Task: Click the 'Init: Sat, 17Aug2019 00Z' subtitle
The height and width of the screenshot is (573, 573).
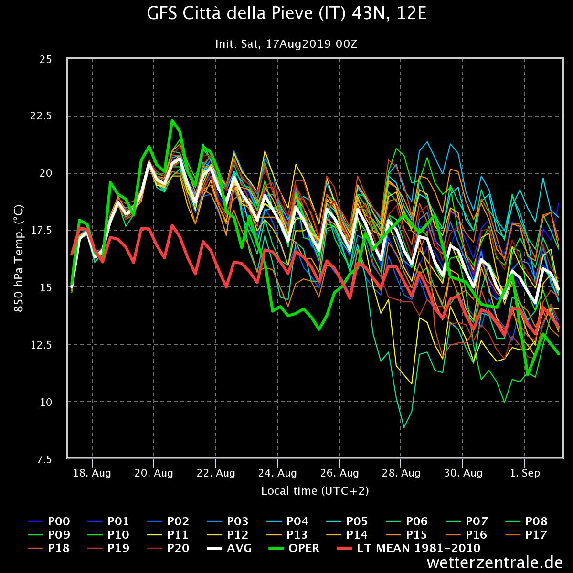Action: pos(286,44)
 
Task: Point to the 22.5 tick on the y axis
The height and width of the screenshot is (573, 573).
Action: pos(41,116)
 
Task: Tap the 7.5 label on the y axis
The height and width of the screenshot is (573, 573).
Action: pos(44,459)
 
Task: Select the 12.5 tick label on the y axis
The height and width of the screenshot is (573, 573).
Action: pos(41,345)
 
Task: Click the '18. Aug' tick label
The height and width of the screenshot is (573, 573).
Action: pos(92,473)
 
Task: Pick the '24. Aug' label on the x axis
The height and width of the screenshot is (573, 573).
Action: pos(277,473)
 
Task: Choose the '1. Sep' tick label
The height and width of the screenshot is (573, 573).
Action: pos(525,473)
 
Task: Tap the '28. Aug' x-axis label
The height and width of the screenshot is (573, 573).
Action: pos(401,473)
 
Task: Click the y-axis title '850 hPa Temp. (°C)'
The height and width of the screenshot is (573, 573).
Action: pos(19,258)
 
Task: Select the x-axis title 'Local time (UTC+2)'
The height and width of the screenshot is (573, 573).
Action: pos(315,491)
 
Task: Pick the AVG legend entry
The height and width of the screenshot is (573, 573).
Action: pos(229,548)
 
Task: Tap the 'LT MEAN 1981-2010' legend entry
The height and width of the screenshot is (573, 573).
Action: pos(409,548)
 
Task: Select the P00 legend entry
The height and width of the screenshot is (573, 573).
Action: pos(49,521)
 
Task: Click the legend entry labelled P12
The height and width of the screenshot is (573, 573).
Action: pos(227,535)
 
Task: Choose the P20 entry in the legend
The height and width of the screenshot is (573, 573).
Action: pos(168,548)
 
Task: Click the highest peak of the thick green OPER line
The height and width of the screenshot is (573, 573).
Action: pos(172,120)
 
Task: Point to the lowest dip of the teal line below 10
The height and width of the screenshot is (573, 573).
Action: pos(403,427)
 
